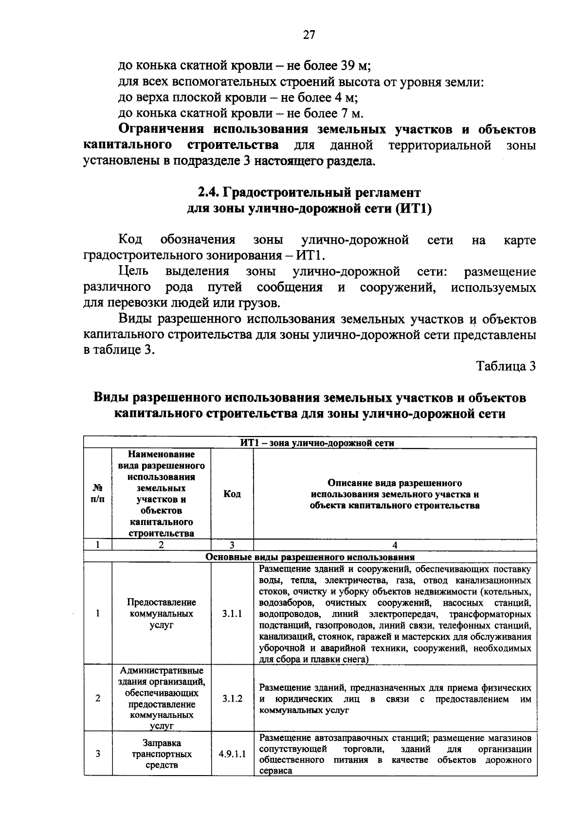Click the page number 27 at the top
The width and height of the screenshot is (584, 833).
click(309, 35)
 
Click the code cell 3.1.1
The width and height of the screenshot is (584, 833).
click(232, 614)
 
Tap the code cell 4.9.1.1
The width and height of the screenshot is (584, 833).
click(232, 754)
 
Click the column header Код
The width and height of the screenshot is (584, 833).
click(232, 494)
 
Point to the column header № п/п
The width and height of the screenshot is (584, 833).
click(98, 494)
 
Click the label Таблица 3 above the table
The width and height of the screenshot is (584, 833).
click(506, 366)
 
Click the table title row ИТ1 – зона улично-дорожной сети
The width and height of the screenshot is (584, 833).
click(317, 443)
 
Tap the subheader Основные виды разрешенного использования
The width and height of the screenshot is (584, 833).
click(310, 557)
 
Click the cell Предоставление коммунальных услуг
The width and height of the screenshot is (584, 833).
click(162, 614)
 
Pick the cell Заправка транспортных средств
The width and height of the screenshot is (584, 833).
click(162, 754)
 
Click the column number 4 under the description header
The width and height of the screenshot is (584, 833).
click(395, 545)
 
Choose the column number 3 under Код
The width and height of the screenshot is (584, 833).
click(232, 545)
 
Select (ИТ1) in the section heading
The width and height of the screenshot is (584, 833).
click(414, 209)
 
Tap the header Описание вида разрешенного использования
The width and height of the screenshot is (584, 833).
click(395, 494)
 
